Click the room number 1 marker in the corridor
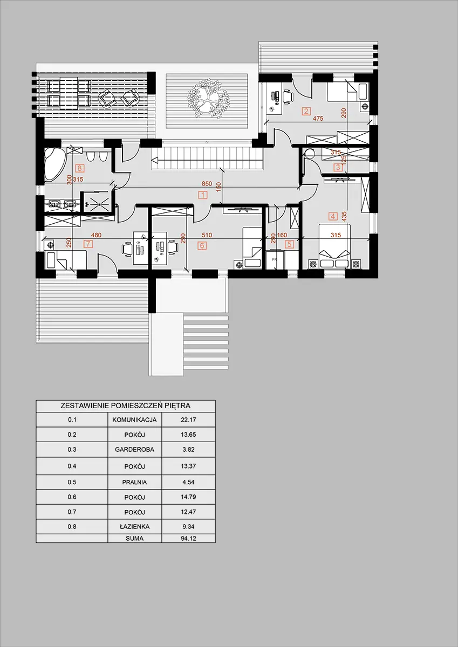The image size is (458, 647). click(203, 195)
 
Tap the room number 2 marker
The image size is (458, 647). click(306, 111)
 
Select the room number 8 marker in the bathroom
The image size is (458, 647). click(80, 168)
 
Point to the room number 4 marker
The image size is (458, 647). click(333, 216)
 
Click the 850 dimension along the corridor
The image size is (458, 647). click(207, 183)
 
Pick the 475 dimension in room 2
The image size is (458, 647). click(318, 118)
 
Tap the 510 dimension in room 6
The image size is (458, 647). click(207, 235)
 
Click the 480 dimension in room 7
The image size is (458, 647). click(96, 235)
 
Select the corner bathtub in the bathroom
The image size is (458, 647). click(55, 164)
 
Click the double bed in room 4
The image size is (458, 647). click(334, 246)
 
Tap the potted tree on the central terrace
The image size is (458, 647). click(209, 98)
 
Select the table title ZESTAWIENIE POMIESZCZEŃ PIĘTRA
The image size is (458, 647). click(125, 405)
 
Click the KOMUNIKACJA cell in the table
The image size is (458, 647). click(134, 419)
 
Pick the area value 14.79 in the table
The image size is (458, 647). click(188, 497)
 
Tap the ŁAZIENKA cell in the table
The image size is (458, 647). click(134, 526)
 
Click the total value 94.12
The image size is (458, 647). click(188, 539)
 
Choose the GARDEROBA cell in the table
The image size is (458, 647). click(134, 450)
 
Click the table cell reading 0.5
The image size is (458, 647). click(72, 482)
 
